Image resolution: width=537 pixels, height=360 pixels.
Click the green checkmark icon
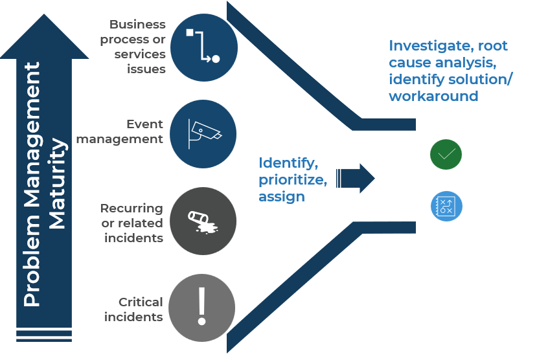tap(446, 154)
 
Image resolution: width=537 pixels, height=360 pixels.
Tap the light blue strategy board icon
tap(446, 206)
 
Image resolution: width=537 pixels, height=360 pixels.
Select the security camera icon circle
tap(203, 133)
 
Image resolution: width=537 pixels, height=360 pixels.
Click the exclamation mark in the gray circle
tap(201, 306)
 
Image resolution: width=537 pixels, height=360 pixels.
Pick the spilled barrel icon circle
tap(203, 220)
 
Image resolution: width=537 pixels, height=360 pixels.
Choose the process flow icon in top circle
tap(203, 47)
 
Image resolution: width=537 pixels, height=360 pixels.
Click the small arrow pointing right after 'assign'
tap(357, 179)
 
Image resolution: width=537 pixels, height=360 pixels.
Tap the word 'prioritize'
tap(292, 179)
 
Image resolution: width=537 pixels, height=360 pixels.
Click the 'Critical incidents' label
tap(133, 309)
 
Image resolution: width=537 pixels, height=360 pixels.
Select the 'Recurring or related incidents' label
tap(131, 223)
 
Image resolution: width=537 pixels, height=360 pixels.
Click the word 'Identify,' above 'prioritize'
tap(288, 163)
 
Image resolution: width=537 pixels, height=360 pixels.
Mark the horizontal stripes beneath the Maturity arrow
tap(45, 335)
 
